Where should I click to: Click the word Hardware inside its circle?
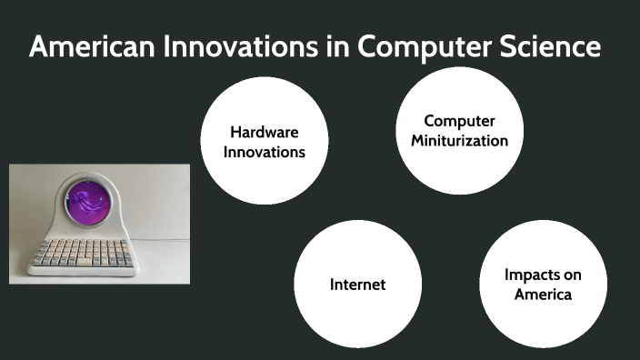(264, 132)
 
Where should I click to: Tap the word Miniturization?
(459, 140)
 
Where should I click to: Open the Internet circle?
(357, 284)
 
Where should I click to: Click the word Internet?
(357, 285)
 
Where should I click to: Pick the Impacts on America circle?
(543, 284)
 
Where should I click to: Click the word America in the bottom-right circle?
(543, 294)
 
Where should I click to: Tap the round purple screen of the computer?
(86, 204)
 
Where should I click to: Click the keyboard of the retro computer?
(79, 253)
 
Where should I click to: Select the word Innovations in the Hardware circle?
(264, 151)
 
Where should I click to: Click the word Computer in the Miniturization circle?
(459, 121)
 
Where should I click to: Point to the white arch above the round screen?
(86, 178)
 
